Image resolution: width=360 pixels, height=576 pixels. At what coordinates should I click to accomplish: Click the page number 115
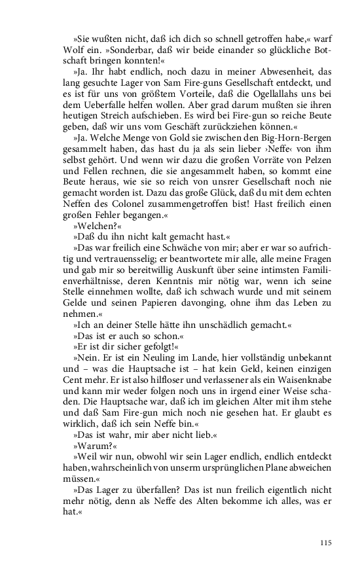327,543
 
